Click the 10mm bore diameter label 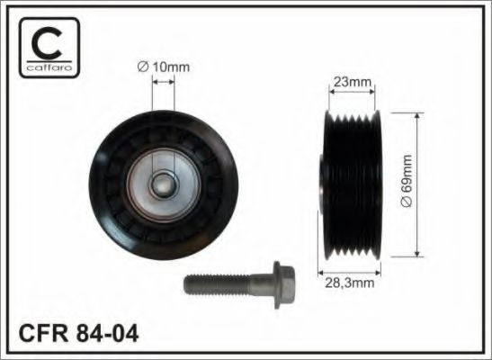click(x=164, y=67)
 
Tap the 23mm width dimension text click(x=352, y=82)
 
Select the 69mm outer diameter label click(x=407, y=181)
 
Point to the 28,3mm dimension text click(x=350, y=283)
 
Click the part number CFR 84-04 click(x=78, y=333)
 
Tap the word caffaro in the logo click(x=49, y=67)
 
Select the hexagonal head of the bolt click(x=283, y=285)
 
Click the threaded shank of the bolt click(x=217, y=285)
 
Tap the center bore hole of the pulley click(x=163, y=185)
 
